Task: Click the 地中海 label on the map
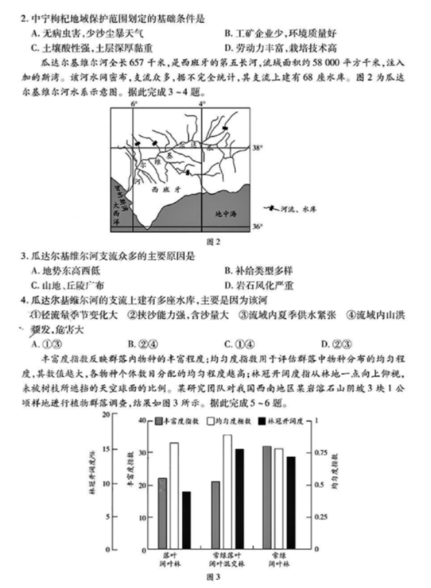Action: coord(225,214)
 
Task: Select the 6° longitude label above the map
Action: coord(132,104)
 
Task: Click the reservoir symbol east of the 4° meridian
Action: coord(224,129)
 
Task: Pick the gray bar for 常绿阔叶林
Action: coord(267,497)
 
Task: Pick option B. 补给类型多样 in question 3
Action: coord(254,270)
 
